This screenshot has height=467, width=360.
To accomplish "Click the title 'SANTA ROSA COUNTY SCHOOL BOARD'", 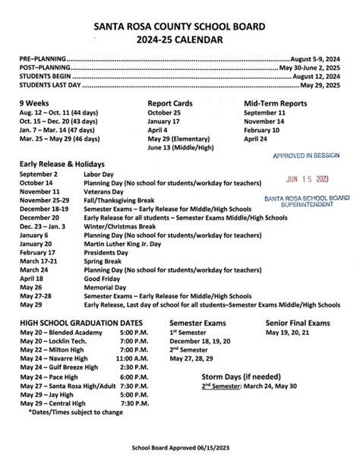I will (179, 26).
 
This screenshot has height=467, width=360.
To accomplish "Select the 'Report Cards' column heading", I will (171, 103).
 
